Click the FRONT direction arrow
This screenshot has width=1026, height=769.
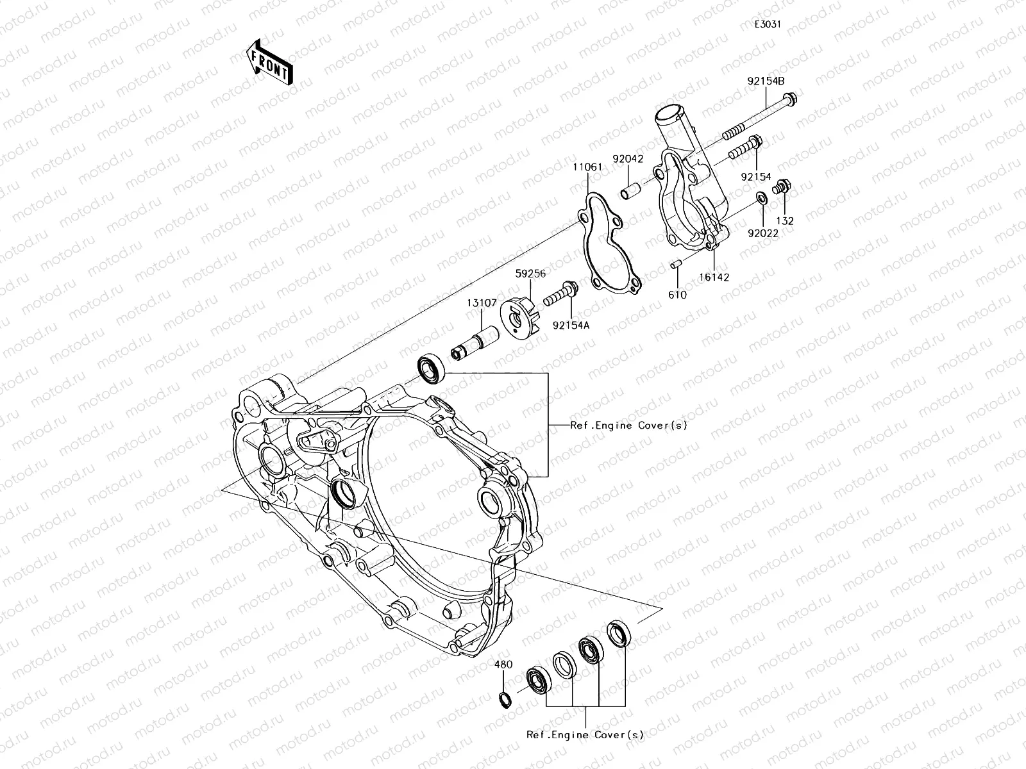pos(270,62)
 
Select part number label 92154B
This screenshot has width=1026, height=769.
pos(766,81)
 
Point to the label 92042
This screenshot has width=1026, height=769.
pos(627,158)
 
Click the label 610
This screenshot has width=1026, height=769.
pos(677,295)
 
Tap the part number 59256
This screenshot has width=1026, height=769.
pos(530,274)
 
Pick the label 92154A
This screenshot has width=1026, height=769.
pos(571,325)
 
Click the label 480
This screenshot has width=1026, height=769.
pos(503,665)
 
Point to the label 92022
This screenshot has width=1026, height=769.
pos(763,234)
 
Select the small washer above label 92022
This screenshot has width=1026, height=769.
pos(761,197)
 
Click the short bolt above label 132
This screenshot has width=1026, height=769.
pos(781,188)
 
